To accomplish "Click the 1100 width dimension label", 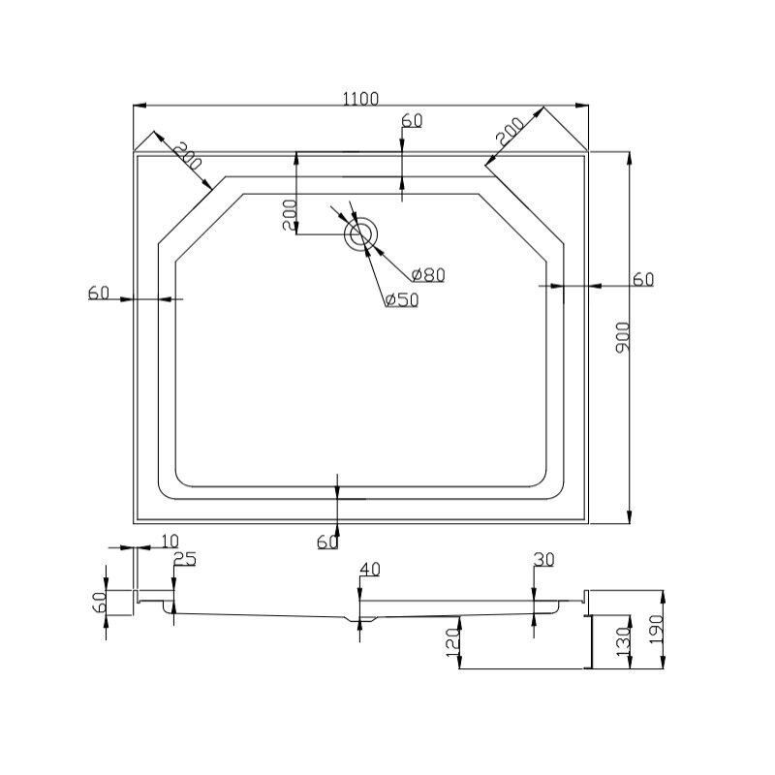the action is coord(360,99).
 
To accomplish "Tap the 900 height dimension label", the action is coord(623,337).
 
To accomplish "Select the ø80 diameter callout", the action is coord(428,275).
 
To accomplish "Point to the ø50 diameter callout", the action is coord(402,299).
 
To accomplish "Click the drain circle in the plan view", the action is coord(360,234).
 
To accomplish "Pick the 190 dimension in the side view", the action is coord(656,629).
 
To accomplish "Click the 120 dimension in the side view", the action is coord(452,642).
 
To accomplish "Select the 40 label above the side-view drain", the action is coord(370,570).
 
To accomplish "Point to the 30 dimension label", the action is coord(544,560).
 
